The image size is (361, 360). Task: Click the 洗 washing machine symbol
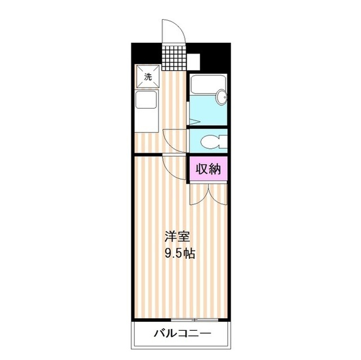[148, 78]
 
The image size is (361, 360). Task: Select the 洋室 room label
[174, 236]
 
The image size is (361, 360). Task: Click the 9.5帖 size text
[179, 253]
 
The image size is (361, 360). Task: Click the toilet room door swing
[175, 139]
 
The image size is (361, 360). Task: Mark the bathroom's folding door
[191, 122]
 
